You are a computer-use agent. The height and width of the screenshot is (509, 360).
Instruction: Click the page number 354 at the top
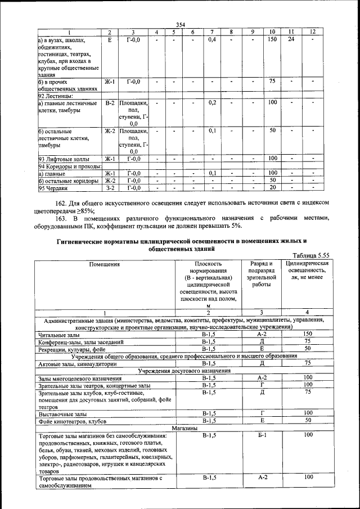coord(180,24)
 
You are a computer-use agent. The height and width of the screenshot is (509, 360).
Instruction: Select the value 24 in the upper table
coord(291,39)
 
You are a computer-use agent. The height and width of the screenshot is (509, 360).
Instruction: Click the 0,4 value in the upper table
coord(212,39)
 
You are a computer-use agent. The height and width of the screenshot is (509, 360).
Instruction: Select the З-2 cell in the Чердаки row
coord(110,187)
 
